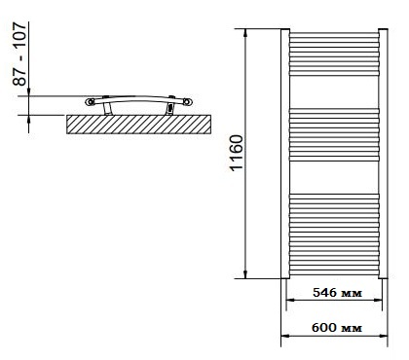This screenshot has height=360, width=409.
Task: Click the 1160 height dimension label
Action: (236, 153)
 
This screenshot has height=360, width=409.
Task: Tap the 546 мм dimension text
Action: (337, 293)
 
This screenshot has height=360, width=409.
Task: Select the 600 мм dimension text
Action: (337, 328)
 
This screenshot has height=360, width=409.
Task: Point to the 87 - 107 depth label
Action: (19, 54)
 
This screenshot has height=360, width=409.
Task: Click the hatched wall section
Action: (138, 125)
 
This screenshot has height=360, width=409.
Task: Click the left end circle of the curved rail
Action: (90, 102)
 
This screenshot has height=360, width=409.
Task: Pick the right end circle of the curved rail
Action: (188, 102)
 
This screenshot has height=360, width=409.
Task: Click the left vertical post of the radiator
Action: (285, 154)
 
